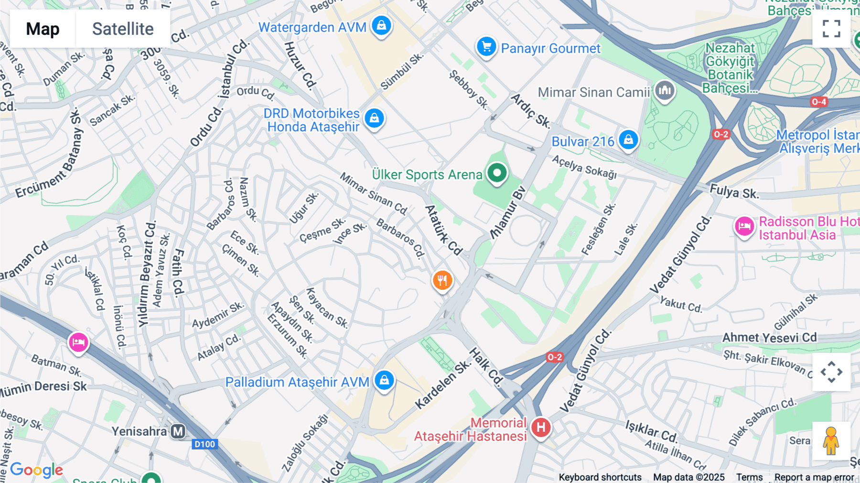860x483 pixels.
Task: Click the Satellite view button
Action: coord(123,29)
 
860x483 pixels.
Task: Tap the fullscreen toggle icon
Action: coord(831,29)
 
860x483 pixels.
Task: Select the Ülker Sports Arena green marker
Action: coord(497,173)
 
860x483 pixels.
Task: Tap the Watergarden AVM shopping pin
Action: coord(381,25)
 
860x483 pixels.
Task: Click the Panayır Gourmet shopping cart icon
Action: coord(486,47)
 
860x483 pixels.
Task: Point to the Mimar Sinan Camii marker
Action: coord(665,90)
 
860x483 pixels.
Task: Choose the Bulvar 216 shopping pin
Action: coord(628,140)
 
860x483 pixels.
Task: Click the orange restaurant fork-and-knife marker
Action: coord(442,280)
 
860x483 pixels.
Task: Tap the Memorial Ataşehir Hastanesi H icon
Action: coord(541,427)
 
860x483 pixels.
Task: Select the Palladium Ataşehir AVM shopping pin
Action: coord(384,381)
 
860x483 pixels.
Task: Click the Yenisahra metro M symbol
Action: coord(178,431)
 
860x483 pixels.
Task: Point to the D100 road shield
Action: coord(204,444)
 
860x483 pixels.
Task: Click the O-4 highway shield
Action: coord(818,102)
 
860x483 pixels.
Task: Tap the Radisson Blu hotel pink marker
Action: coord(744,226)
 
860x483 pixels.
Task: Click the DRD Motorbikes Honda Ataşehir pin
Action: coord(374,118)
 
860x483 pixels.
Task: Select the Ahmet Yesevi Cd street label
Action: coord(769,338)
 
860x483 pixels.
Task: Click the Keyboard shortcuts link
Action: coord(600,477)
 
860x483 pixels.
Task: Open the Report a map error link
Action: coord(814,477)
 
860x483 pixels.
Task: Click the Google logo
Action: coord(36,470)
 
